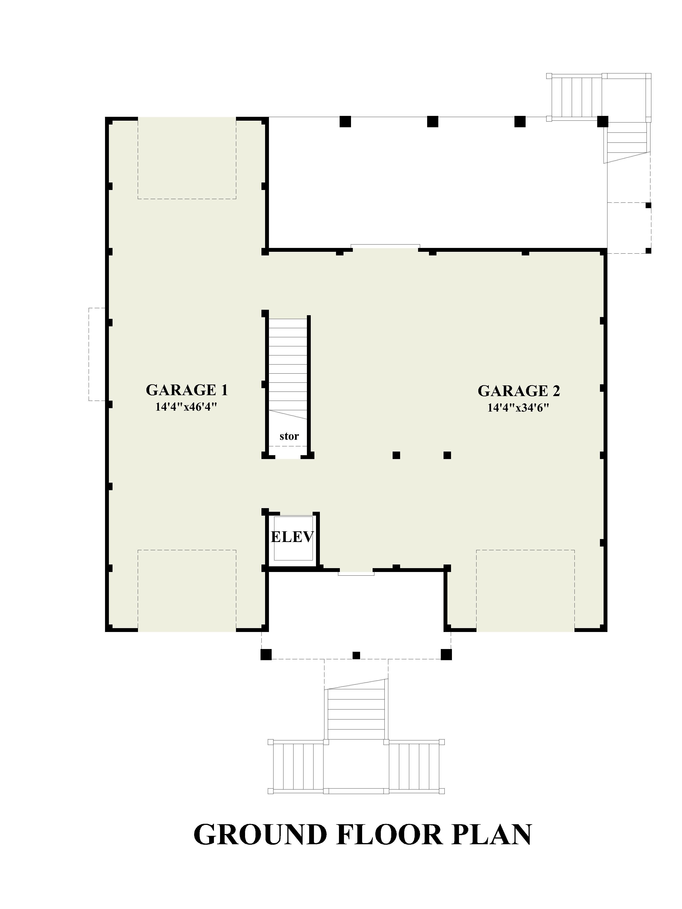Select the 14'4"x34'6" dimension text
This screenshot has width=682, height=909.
[518, 408]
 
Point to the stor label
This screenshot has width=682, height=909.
[289, 436]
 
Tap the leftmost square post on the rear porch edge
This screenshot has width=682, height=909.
[345, 122]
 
